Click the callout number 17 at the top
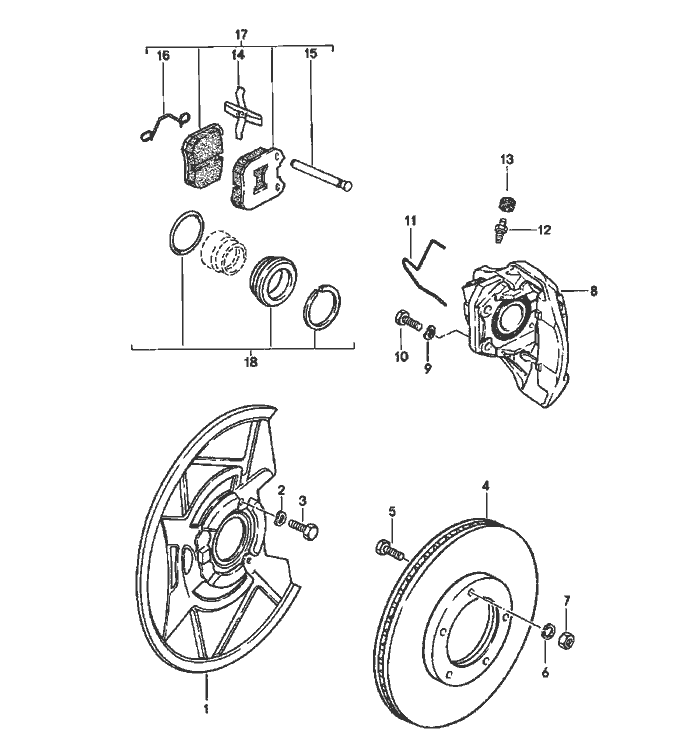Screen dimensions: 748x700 click(x=241, y=34)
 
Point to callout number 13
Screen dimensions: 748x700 click(x=506, y=160)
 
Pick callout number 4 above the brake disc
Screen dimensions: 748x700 click(x=486, y=487)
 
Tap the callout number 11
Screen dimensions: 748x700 click(x=409, y=219)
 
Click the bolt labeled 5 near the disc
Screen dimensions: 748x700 click(x=389, y=548)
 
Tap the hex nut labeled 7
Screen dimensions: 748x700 click(x=564, y=637)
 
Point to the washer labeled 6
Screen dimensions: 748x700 click(x=547, y=632)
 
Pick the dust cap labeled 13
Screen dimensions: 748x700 click(x=506, y=204)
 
